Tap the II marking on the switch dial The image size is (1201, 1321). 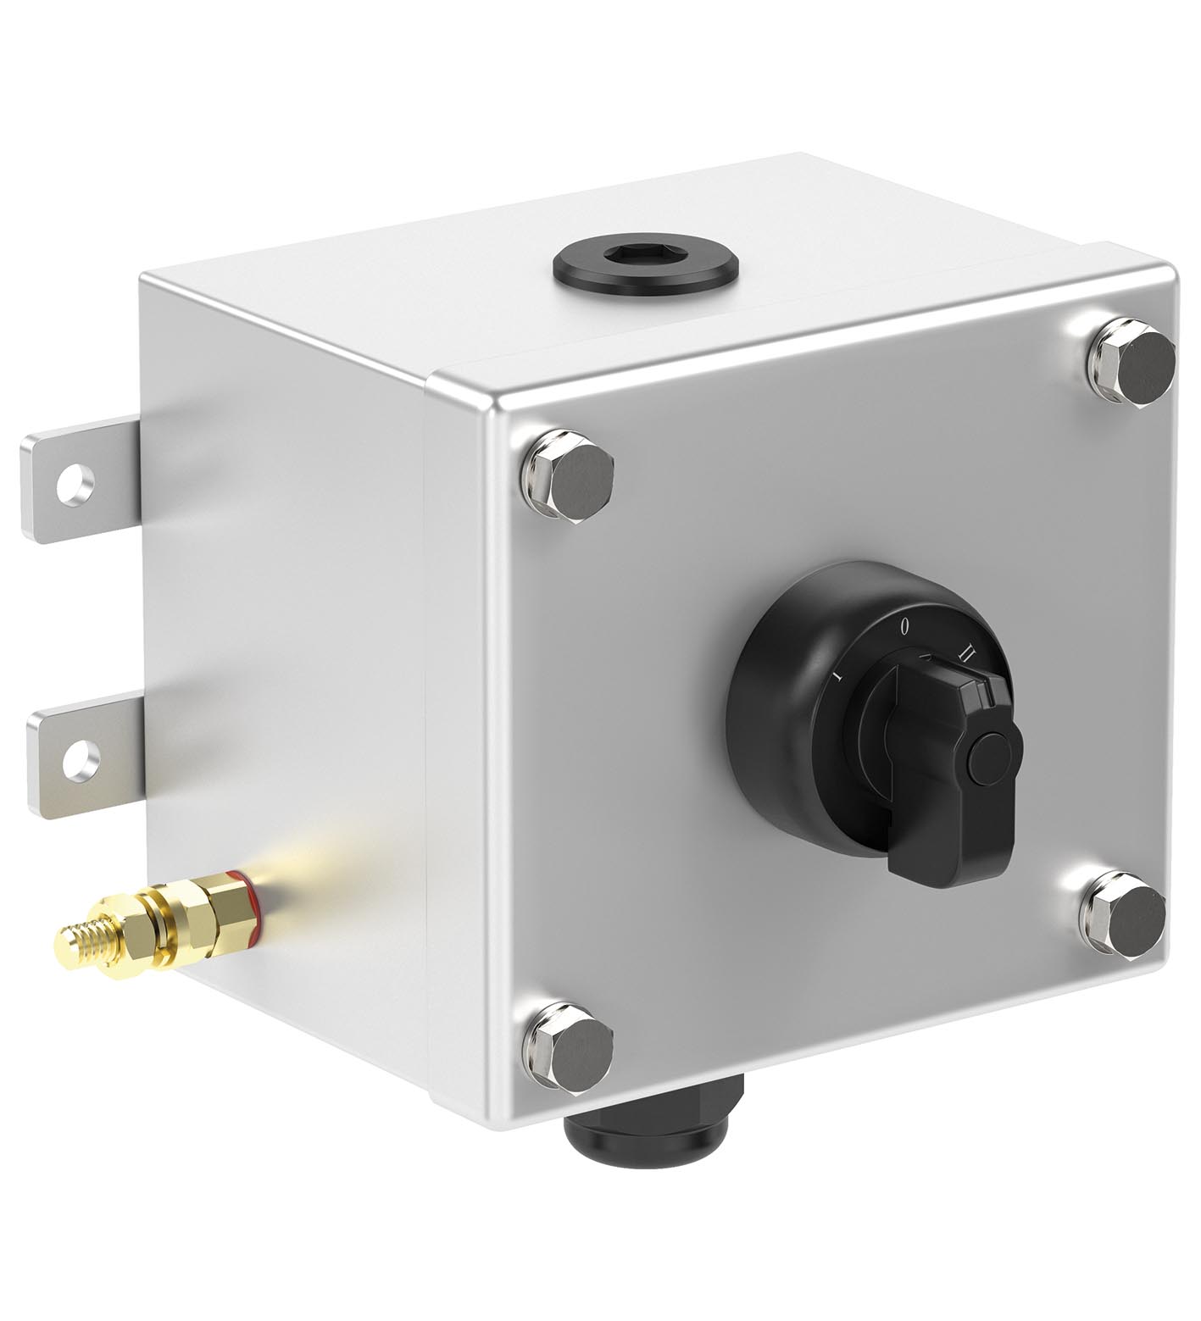coord(965,652)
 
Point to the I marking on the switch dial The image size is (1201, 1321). coord(836,675)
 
